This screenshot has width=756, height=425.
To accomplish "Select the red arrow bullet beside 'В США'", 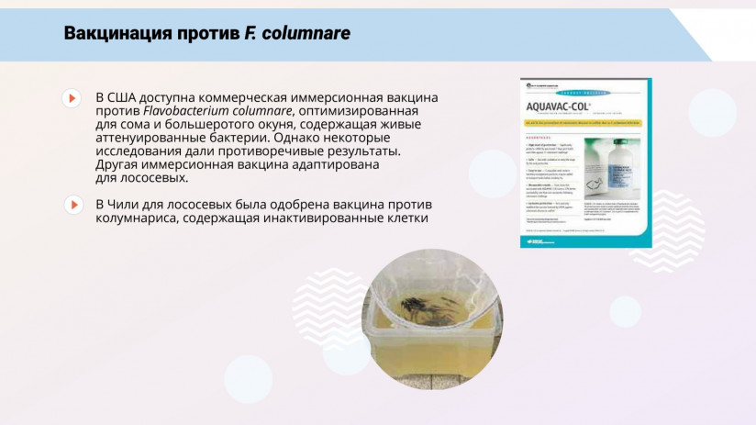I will (72, 97).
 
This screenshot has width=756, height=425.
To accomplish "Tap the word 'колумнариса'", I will (138, 218).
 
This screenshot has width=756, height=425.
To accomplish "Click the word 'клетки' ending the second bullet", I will (403, 218).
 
